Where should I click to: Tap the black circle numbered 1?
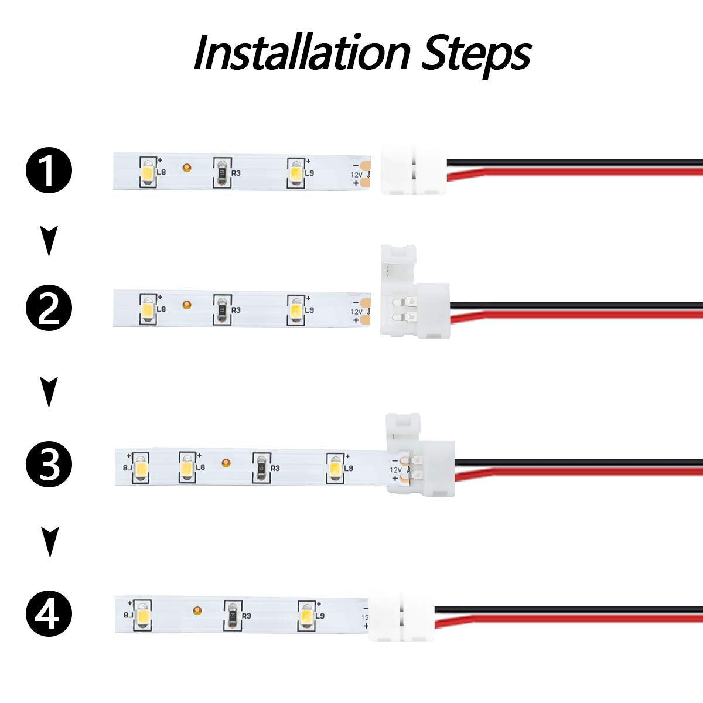click(x=49, y=171)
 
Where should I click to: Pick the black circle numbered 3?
click(x=49, y=465)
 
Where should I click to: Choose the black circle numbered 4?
click(x=49, y=615)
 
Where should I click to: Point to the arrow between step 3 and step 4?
click(x=50, y=542)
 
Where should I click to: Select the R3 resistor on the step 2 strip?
click(x=221, y=309)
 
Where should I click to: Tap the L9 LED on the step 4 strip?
click(x=306, y=616)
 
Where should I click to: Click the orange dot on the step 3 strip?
click(x=226, y=463)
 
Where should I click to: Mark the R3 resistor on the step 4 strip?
click(x=232, y=616)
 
